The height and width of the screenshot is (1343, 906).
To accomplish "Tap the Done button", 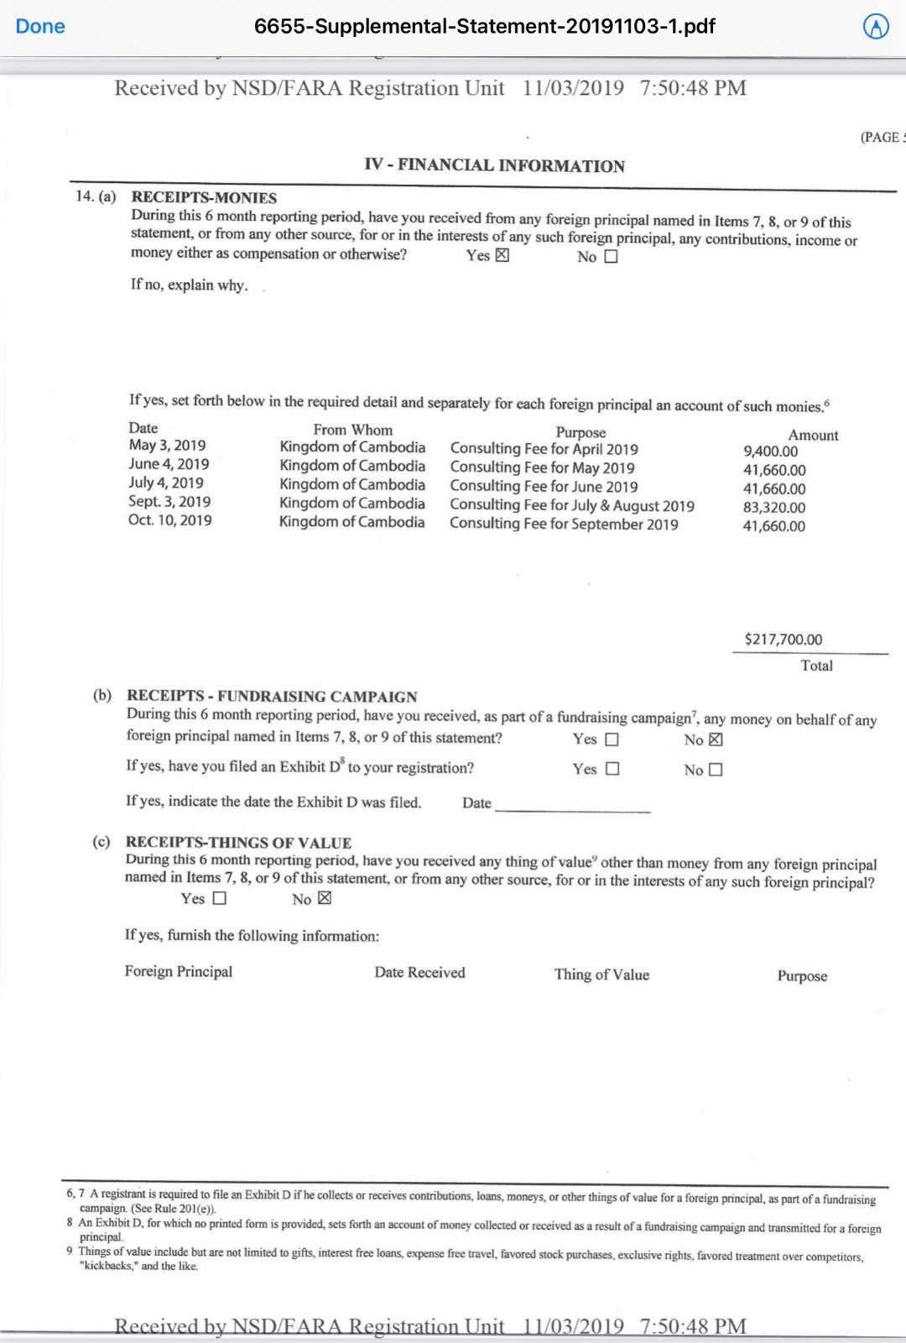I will click(x=40, y=26).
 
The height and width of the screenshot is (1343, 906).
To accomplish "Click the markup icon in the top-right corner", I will click(x=876, y=28).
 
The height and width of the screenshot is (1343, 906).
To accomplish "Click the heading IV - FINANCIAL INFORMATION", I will click(x=494, y=165).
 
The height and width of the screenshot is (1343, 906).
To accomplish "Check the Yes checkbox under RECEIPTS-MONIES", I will click(x=502, y=256).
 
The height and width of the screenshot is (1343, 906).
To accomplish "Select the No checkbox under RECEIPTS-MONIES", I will click(x=611, y=257).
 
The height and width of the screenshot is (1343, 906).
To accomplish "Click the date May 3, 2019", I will click(x=167, y=446).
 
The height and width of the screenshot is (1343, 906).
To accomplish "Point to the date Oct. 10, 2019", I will click(x=169, y=520).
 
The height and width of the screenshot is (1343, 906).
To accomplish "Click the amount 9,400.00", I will click(x=770, y=452).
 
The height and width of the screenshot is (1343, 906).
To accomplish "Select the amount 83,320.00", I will click(x=773, y=507).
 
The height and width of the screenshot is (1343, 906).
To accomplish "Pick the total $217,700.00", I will click(x=783, y=640).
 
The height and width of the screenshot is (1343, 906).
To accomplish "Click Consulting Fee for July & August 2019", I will click(x=571, y=505).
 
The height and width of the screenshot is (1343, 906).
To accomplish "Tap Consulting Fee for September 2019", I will click(x=564, y=524).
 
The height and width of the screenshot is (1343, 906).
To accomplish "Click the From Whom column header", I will click(x=352, y=430).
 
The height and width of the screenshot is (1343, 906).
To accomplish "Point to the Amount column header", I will click(x=813, y=435).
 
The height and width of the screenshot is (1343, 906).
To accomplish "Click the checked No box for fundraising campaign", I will click(x=716, y=739).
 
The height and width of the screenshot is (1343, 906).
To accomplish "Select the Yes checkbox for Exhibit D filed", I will click(x=612, y=769).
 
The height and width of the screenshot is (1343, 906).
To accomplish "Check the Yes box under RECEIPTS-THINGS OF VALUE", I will click(x=219, y=898).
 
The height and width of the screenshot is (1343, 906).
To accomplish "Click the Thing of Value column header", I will click(x=601, y=975).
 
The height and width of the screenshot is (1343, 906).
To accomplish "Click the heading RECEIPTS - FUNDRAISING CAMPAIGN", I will click(x=271, y=696).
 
